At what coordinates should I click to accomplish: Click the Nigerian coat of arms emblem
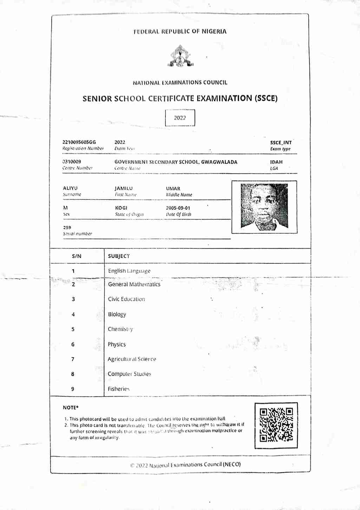click(180, 56)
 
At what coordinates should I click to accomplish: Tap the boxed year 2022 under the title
click(180, 118)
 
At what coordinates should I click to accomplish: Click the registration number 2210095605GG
click(79, 142)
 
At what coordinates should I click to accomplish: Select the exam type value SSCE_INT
click(281, 143)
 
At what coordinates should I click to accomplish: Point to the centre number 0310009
click(72, 162)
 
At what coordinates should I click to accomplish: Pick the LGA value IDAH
click(276, 162)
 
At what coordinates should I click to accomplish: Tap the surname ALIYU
click(70, 188)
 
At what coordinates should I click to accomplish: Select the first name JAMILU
click(124, 188)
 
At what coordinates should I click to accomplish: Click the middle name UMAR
click(173, 189)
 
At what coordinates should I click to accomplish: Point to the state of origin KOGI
click(121, 208)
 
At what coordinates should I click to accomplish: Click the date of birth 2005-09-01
click(178, 208)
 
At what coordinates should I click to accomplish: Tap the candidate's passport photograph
click(264, 207)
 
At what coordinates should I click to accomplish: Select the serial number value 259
click(67, 228)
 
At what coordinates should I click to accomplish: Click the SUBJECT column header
click(119, 256)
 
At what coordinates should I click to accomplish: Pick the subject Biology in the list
click(117, 314)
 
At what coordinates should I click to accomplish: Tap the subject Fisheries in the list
click(119, 389)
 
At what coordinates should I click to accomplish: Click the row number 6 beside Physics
click(73, 344)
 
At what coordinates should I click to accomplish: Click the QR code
click(276, 425)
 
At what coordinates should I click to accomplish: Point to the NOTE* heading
click(71, 407)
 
